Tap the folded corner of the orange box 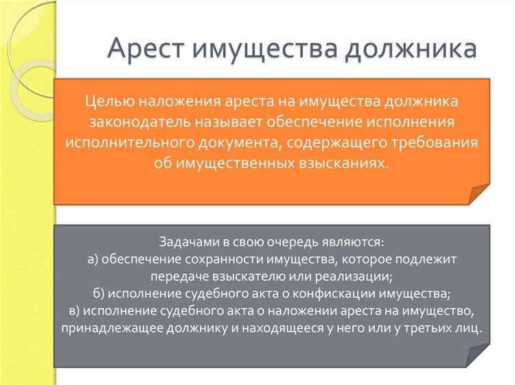478,194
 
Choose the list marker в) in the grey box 76,311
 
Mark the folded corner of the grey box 478,356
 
